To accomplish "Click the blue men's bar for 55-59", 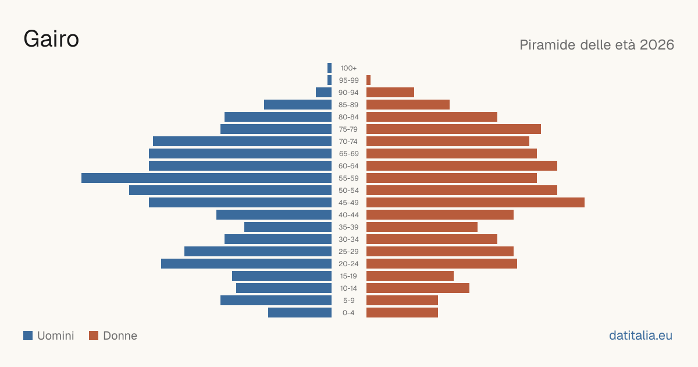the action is coord(206,178).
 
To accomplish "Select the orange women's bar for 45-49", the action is coord(476,203).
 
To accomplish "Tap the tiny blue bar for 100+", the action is coord(329,68).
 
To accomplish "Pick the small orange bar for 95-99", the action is coord(368,80).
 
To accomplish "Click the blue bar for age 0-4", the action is coord(300,313).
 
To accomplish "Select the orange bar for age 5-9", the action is coord(402,301).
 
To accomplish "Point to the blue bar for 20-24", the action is coord(246,264).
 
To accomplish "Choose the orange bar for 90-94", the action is coord(390,93).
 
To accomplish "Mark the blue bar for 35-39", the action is coord(288,227).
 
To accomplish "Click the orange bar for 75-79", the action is coord(454,129).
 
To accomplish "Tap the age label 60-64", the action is coord(348,166).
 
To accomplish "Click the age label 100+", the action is coord(348,68).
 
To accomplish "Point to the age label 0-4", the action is coord(348,313).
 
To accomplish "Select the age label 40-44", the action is coord(348,215).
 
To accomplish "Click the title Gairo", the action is coord(51,39).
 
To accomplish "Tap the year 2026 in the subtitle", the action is coord(657,45).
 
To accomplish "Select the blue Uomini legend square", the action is coord(28,336).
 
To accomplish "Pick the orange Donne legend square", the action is coord(94,336).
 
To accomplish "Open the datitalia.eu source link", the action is coord(640,336).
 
